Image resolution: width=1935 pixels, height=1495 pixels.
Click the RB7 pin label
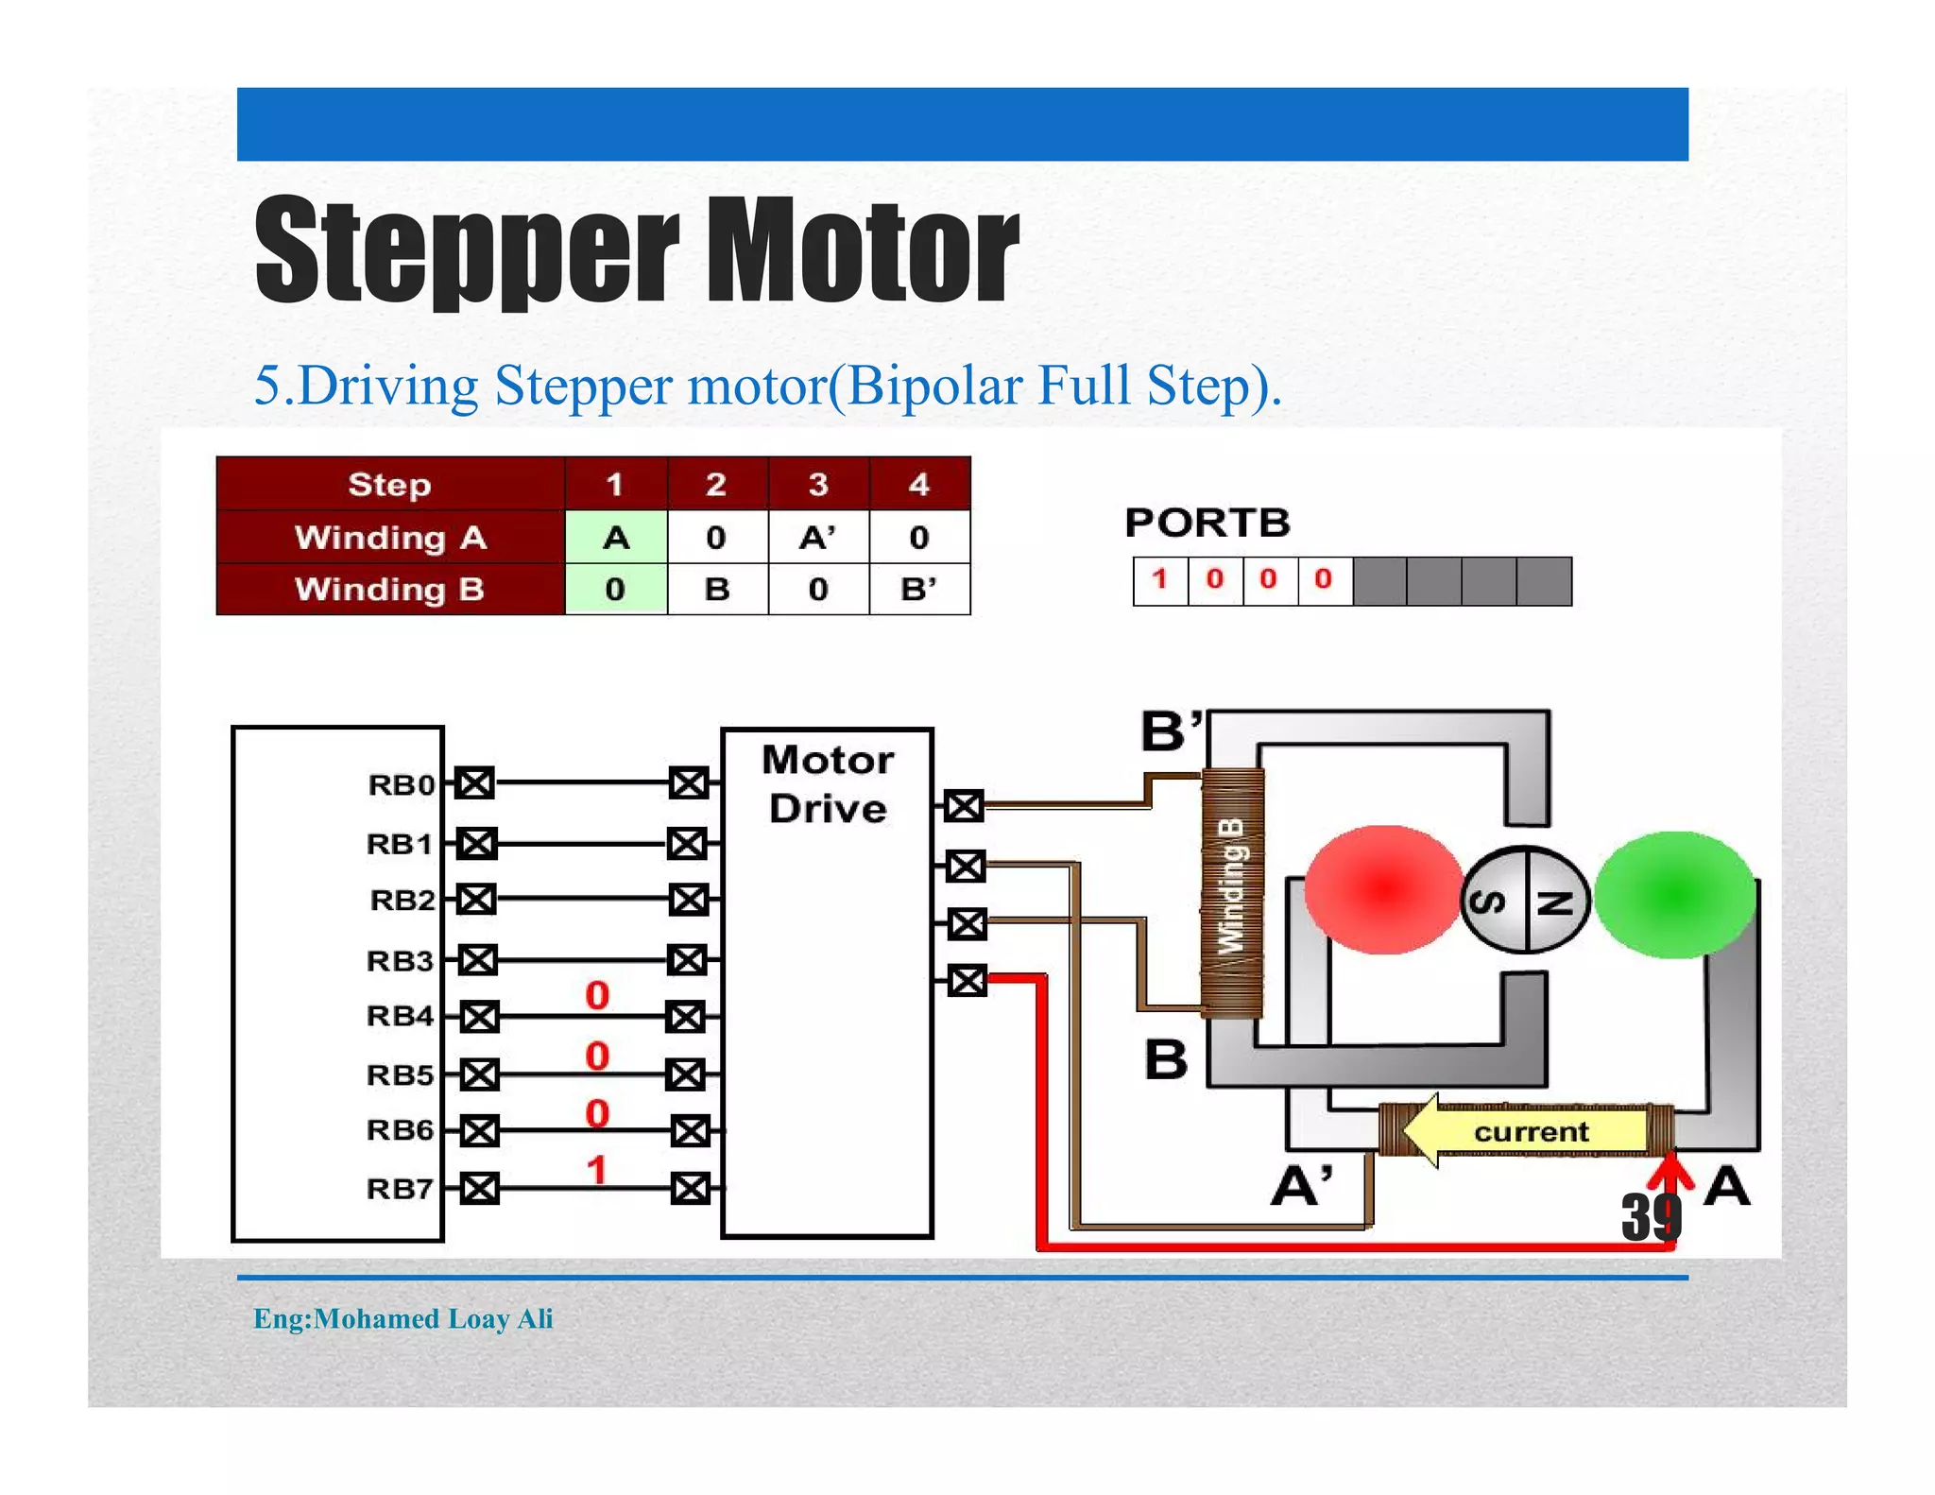[399, 1188]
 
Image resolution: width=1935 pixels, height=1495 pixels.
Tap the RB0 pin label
[401, 784]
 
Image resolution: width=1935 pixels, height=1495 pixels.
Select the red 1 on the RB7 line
[596, 1170]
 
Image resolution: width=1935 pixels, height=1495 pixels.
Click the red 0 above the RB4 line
[597, 995]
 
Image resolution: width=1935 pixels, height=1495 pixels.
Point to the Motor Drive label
[828, 784]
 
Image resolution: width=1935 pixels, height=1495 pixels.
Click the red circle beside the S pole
[1382, 889]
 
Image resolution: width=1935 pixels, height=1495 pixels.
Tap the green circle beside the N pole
[1674, 894]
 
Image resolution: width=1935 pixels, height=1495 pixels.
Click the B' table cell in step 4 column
[918, 590]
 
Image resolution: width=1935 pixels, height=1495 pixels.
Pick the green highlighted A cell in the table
[616, 538]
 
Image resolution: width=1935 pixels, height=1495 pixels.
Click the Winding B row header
[389, 590]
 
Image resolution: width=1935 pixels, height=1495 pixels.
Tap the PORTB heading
[1207, 523]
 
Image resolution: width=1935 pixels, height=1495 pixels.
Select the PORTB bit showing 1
[1159, 579]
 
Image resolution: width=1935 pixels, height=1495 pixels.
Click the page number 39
[1651, 1217]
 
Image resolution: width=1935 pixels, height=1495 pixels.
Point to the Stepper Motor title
[636, 250]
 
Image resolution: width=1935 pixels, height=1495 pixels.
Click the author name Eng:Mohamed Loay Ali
[402, 1318]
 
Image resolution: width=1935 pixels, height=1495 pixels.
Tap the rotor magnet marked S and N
[1525, 899]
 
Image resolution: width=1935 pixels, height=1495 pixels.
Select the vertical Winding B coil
[1232, 893]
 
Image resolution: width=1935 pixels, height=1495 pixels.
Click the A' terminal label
[1302, 1186]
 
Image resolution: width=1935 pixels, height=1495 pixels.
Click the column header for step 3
[818, 485]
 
